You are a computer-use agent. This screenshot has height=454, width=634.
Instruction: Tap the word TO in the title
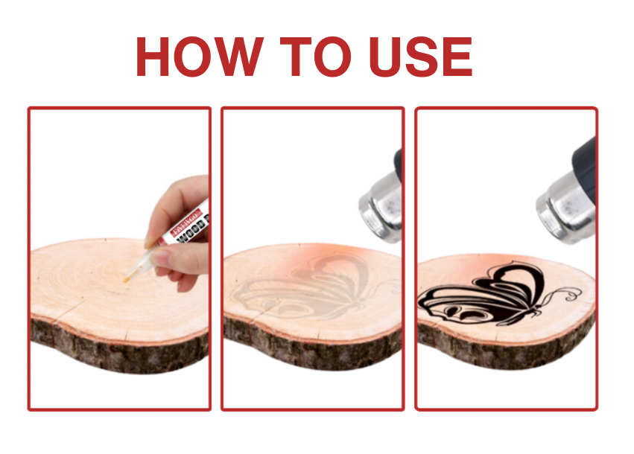pyautogui.click(x=311, y=57)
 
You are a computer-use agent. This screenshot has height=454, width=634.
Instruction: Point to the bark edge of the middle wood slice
pyautogui.click(x=313, y=350)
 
